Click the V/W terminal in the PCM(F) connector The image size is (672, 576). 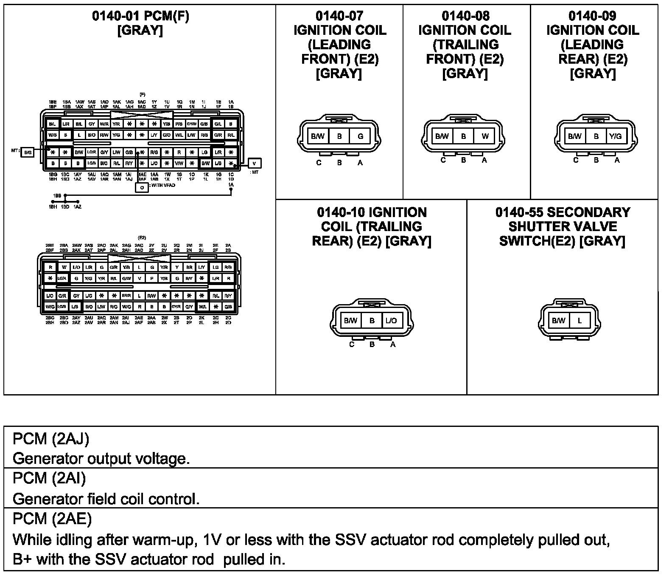[x=179, y=163]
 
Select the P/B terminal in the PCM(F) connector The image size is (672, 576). [x=179, y=124]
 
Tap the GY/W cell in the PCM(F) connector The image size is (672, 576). [x=192, y=124]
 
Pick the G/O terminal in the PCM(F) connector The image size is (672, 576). [x=167, y=135]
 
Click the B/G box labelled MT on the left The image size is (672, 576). [x=28, y=152]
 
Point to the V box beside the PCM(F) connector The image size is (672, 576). [x=254, y=163]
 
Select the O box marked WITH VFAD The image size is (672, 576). [x=142, y=187]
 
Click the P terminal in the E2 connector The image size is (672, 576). [x=151, y=279]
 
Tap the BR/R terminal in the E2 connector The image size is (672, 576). [x=126, y=296]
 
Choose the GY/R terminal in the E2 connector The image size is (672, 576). [x=176, y=307]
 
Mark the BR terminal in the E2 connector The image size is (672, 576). [x=190, y=268]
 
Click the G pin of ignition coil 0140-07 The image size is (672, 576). [x=360, y=136]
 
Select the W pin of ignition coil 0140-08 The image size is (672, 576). [x=485, y=136]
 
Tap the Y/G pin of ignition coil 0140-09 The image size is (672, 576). [x=615, y=136]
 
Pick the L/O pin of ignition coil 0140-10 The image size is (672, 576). [x=392, y=321]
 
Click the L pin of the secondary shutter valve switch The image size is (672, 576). [x=580, y=321]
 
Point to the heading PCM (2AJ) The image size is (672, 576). [x=51, y=439]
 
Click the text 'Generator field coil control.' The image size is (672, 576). [x=106, y=499]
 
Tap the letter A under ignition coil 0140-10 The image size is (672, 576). [x=393, y=344]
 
